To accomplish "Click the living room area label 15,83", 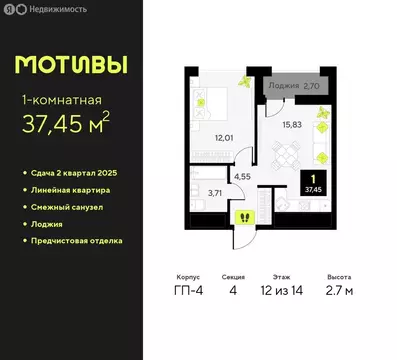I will tap(292, 123).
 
